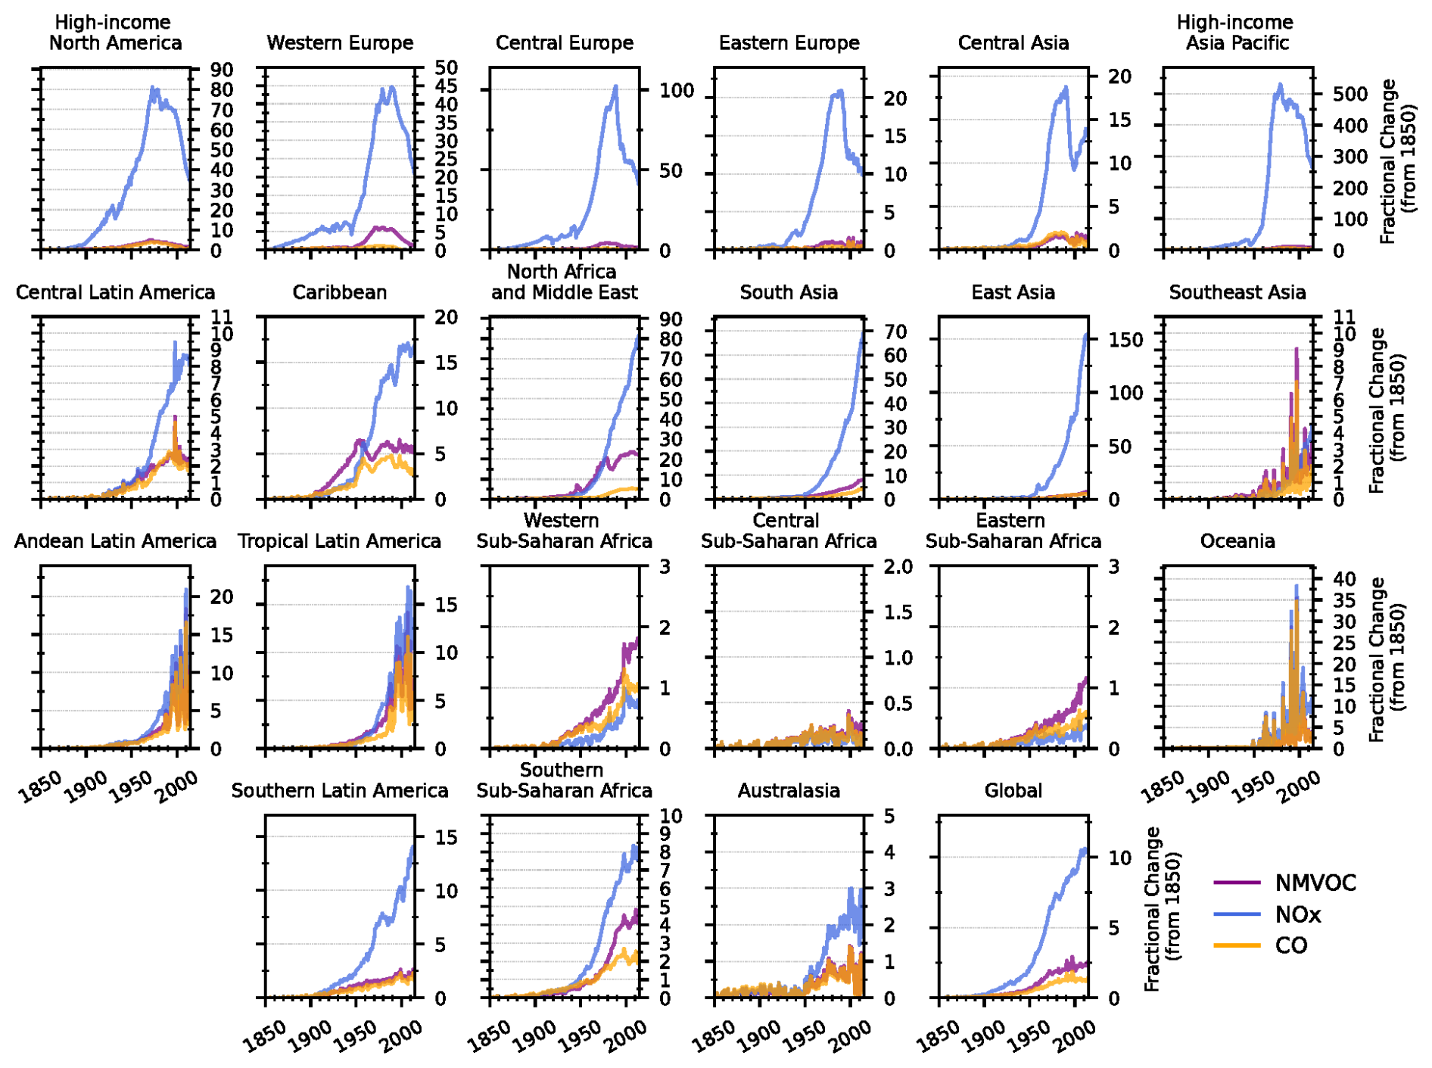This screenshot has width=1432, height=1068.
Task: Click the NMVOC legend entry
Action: (1315, 883)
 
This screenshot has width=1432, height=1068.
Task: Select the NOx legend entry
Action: (1297, 914)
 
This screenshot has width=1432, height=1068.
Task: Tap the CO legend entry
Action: (1290, 945)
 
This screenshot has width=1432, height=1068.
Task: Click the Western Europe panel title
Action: (340, 43)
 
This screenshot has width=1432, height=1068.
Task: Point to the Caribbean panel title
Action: (340, 293)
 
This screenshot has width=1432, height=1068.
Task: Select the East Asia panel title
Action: (1013, 293)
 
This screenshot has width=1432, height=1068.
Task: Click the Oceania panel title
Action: (1237, 542)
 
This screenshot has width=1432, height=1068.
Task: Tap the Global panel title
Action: (1013, 791)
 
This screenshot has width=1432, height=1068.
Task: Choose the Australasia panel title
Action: (789, 791)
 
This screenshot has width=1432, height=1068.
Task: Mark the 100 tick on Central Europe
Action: (676, 91)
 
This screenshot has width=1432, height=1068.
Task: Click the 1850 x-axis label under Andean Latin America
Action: (40, 787)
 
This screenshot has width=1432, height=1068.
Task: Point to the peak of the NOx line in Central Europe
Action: (616, 86)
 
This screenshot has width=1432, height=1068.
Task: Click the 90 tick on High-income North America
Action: (222, 70)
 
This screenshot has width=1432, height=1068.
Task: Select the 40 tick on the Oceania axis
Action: (1344, 579)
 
